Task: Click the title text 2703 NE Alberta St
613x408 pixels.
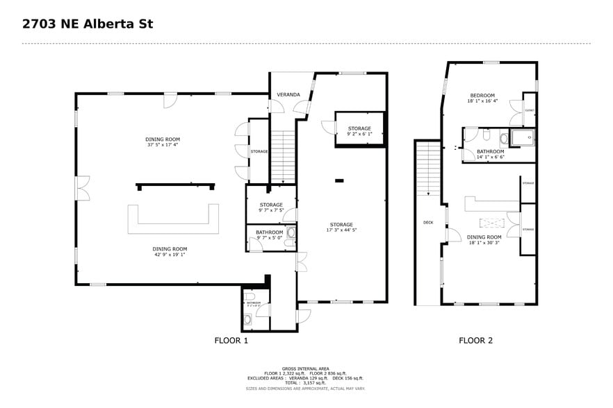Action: pos(88,24)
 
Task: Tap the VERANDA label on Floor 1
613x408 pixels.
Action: pos(288,94)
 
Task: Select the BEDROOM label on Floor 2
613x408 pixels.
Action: pos(482,95)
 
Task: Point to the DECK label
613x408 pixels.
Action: pos(429,223)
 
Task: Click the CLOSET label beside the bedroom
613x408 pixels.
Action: pos(530,110)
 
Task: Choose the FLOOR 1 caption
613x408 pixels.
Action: pos(231,341)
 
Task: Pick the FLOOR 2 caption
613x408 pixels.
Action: pos(475,341)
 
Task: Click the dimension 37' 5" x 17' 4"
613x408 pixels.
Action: pos(163,145)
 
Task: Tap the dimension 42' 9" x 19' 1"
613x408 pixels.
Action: pos(170,255)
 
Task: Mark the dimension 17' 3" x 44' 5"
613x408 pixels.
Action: pos(341,230)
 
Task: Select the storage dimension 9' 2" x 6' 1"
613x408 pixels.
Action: pos(359,134)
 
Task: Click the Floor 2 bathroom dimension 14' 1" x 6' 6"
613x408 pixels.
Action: pos(490,157)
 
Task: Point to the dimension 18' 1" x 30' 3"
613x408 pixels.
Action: pos(484,243)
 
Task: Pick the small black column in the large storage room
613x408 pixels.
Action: pos(339,181)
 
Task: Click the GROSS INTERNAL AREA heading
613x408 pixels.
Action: pos(306,368)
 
